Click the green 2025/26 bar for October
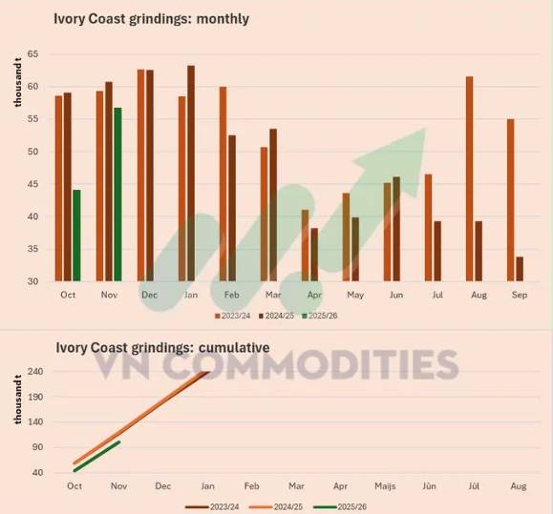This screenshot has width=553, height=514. [x=76, y=236]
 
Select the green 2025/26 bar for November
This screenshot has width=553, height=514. [x=117, y=195]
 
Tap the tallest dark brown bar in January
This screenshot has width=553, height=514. [x=191, y=174]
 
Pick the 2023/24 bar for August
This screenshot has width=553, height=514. [x=469, y=179]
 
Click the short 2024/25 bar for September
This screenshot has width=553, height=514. [x=520, y=269]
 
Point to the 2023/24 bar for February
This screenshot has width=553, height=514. [x=223, y=184]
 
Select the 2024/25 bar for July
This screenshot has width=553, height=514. [x=437, y=251]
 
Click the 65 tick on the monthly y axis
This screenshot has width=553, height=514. [x=32, y=54]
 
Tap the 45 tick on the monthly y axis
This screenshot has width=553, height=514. [x=32, y=184]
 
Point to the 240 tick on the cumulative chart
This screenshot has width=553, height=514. [x=37, y=371]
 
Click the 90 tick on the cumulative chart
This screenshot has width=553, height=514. [x=37, y=447]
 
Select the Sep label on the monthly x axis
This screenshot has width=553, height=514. [x=520, y=295]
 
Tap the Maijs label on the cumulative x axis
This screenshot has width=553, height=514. [x=385, y=486]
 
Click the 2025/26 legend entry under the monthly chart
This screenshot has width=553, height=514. [x=320, y=316]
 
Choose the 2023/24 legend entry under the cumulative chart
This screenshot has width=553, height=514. [x=212, y=507]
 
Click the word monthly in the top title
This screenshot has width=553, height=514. [x=223, y=19]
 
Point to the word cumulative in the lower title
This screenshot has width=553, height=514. [x=234, y=348]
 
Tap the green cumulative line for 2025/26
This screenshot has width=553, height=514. [x=97, y=456]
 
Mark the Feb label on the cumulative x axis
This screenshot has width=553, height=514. [x=252, y=486]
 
